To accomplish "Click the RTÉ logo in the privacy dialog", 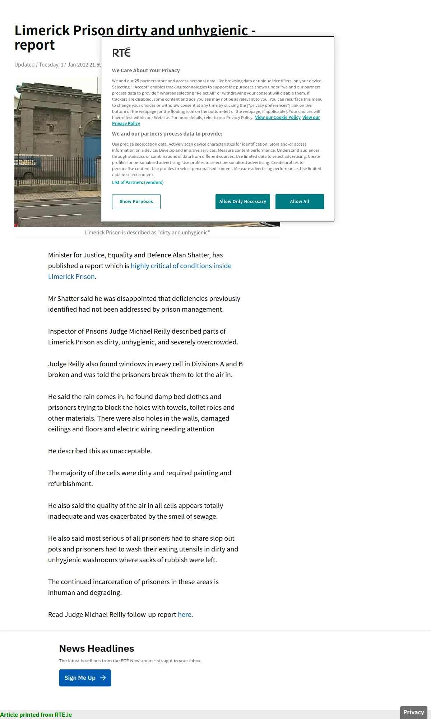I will (121, 53).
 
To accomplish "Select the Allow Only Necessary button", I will (242, 202).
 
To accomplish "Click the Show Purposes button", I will (136, 202).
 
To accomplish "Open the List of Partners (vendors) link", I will (138, 183).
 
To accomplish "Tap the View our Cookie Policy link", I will (278, 118).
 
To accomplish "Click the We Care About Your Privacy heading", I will (146, 70).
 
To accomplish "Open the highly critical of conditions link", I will (181, 266).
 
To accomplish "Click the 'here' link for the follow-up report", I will (184, 615).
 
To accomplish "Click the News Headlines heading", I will (97, 649).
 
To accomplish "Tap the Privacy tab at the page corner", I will (413, 712).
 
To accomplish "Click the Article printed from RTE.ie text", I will (36, 715).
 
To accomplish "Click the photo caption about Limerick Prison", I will (147, 233).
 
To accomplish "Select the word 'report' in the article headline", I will (34, 45).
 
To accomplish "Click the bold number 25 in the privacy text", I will (137, 81).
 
